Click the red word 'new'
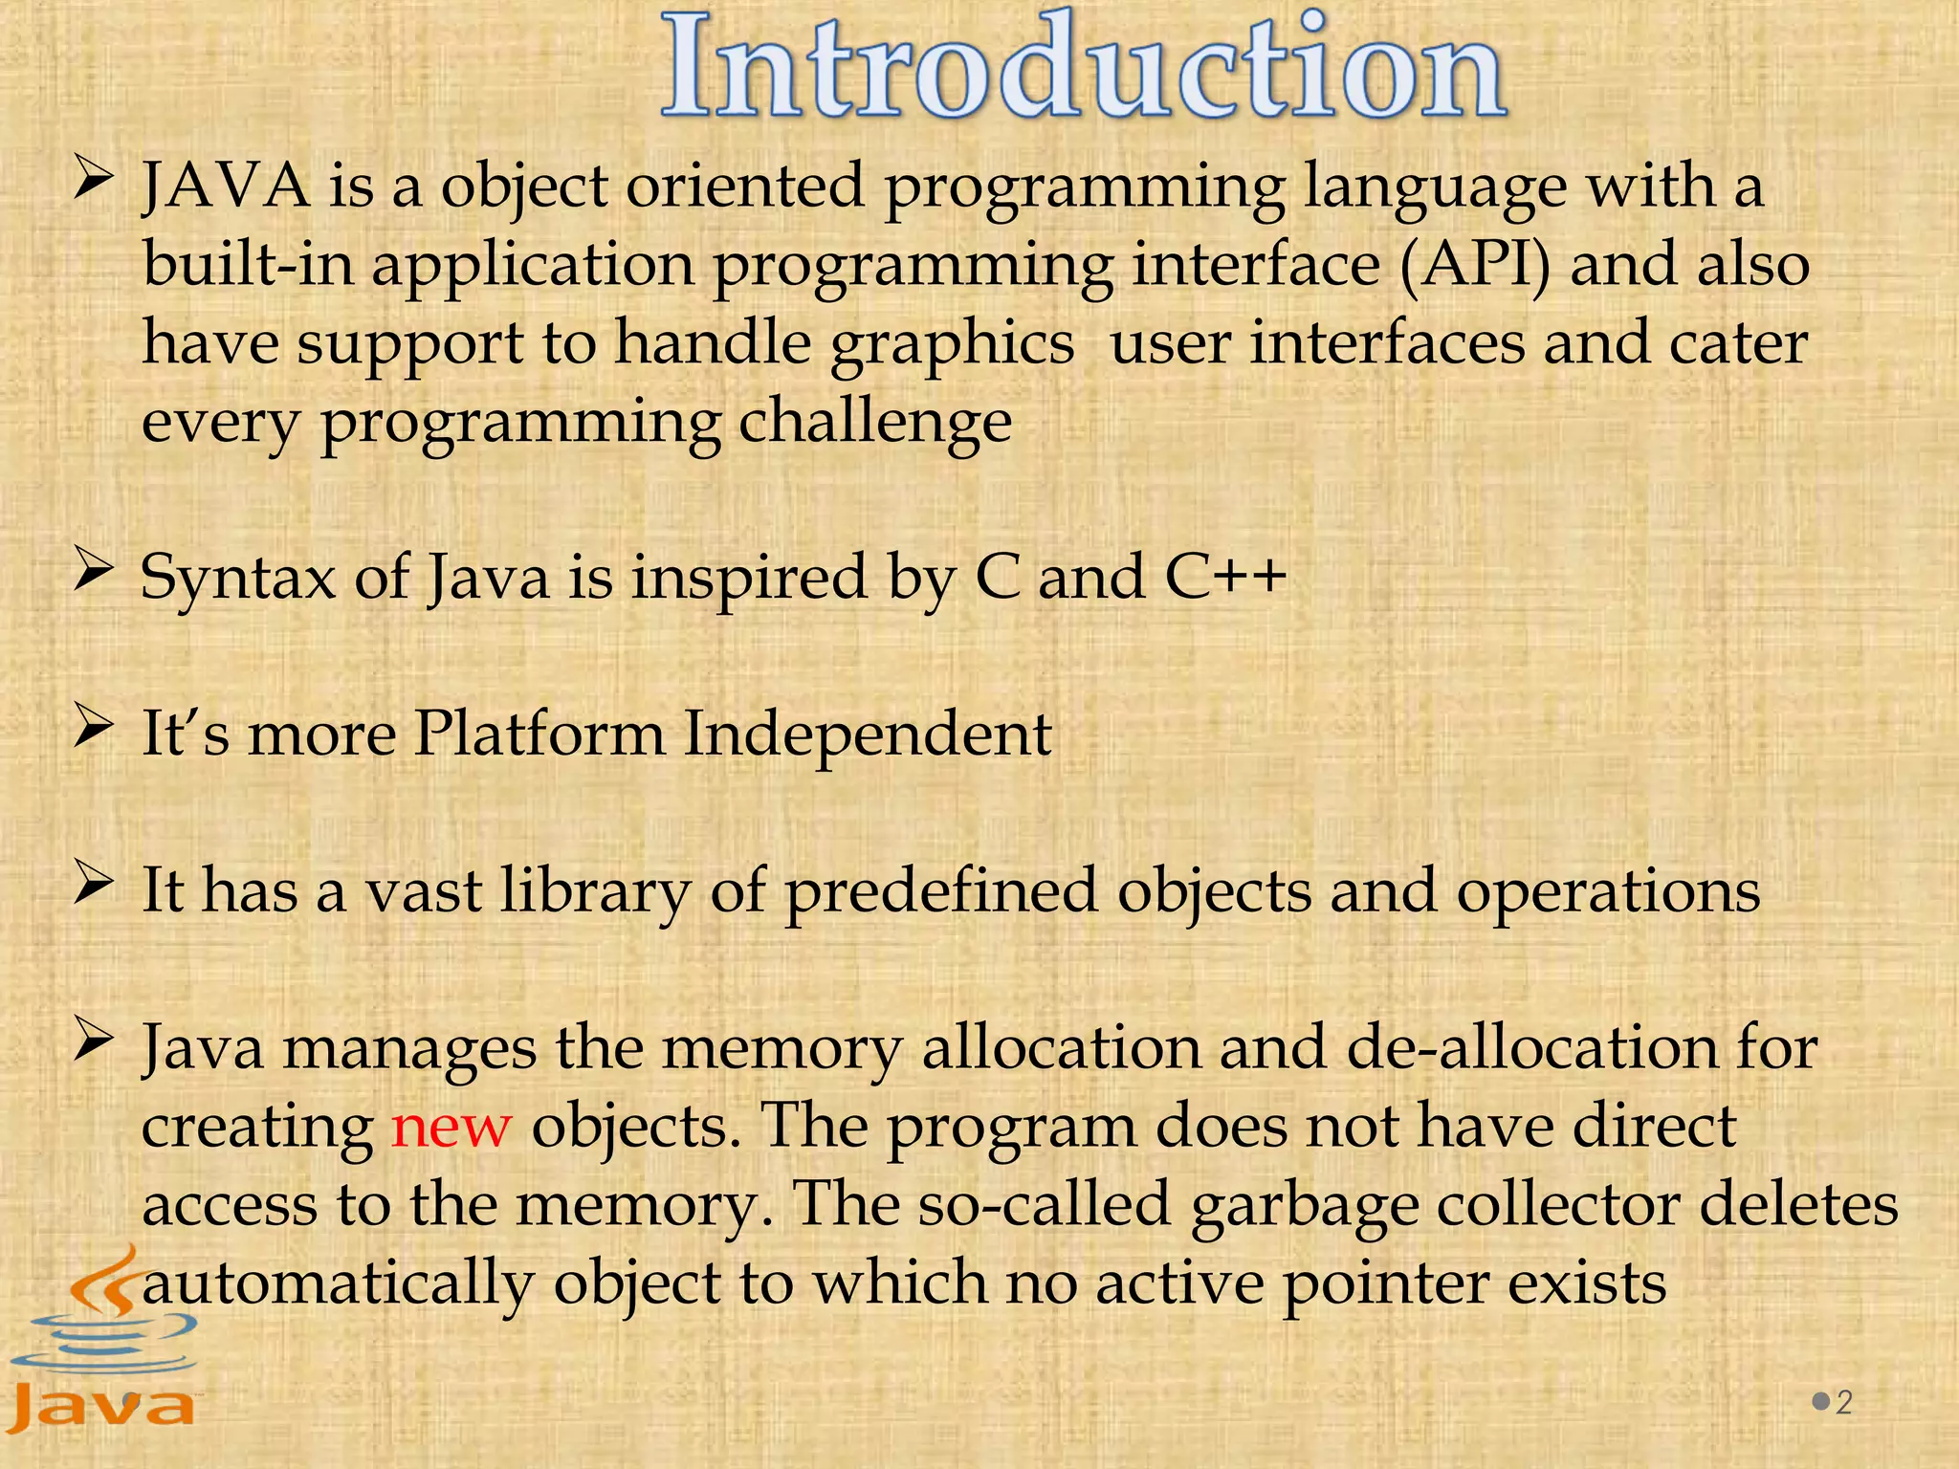pyautogui.click(x=451, y=1126)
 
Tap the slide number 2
pyautogui.click(x=1843, y=1402)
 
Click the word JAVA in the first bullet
pyautogui.click(x=226, y=186)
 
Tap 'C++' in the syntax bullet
pyautogui.click(x=1225, y=577)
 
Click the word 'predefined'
pyautogui.click(x=940, y=891)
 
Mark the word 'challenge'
pyautogui.click(x=875, y=422)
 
